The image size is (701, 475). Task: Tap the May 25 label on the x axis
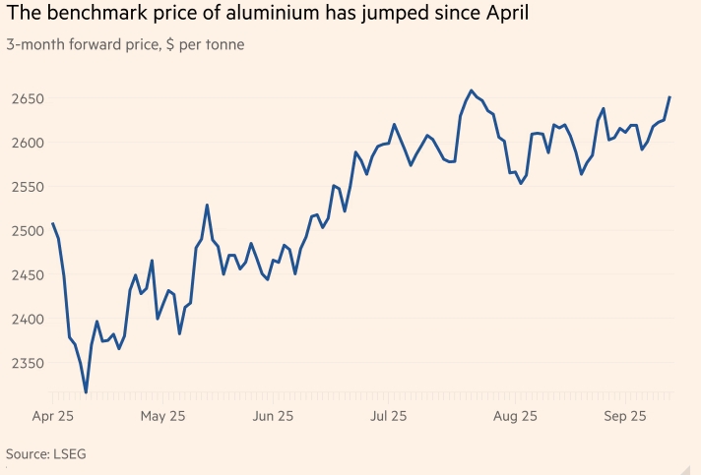pos(163,416)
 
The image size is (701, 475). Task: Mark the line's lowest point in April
pos(87,392)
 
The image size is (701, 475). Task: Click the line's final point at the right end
pos(669,97)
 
